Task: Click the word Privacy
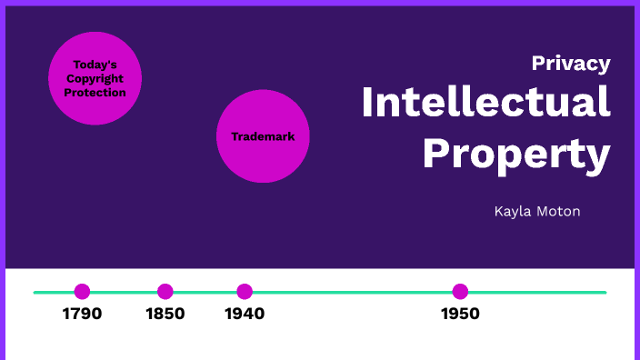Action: pyautogui.click(x=571, y=64)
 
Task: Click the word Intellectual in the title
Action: pyautogui.click(x=485, y=102)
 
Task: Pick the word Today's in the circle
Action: pyautogui.click(x=95, y=65)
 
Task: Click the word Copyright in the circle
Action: pyautogui.click(x=95, y=79)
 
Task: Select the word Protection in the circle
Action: pyautogui.click(x=95, y=93)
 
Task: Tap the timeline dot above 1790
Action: pyautogui.click(x=82, y=292)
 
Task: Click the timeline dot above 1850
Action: pyautogui.click(x=165, y=292)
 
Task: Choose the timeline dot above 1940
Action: pyautogui.click(x=245, y=292)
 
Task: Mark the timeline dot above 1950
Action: pyautogui.click(x=460, y=292)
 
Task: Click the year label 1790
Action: pyautogui.click(x=82, y=314)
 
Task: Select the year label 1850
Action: pyautogui.click(x=165, y=314)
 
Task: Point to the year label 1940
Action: pyautogui.click(x=245, y=314)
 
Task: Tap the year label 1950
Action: pyautogui.click(x=460, y=314)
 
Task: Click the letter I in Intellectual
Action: pyautogui.click(x=367, y=102)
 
